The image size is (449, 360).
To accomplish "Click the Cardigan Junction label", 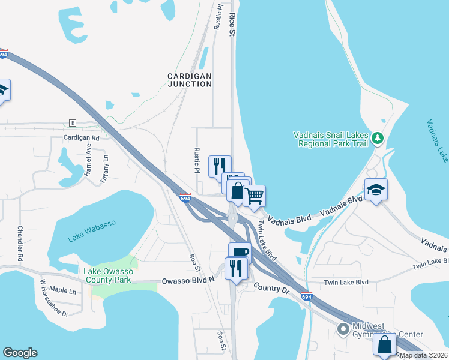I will pos(190,80).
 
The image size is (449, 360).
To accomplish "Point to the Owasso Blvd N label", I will pos(188,280).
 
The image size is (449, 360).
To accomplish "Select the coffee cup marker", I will pos(239,253).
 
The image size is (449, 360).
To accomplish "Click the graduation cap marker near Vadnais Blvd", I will pos(376,190).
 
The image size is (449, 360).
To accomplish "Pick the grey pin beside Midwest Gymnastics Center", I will pos(343,329).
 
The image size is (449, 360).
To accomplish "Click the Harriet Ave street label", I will pos(88,158).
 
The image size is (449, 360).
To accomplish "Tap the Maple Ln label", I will pos(63,291).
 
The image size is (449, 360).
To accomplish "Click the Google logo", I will pos(20,353).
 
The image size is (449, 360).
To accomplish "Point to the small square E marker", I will pos(73,122).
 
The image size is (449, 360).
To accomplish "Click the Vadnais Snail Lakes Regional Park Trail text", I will pos(330,139).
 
